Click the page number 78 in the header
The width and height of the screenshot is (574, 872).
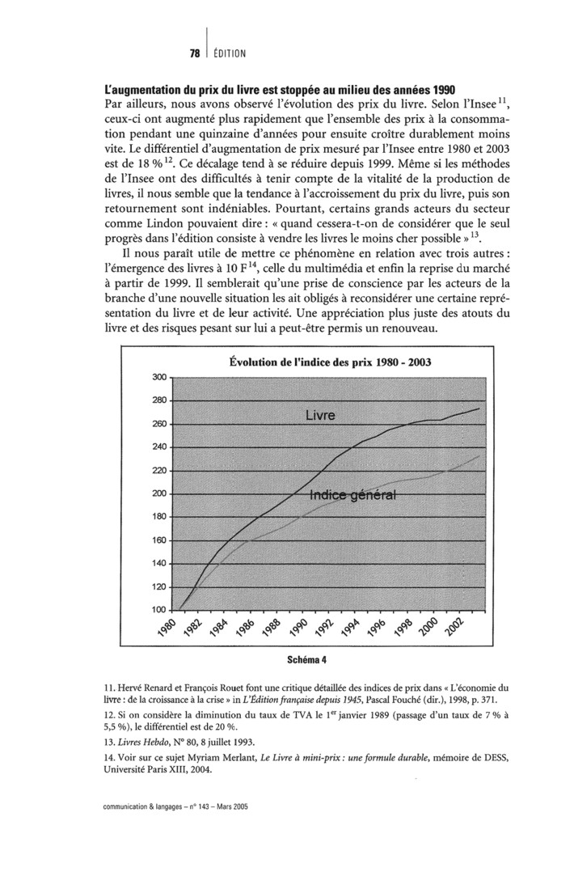(194, 53)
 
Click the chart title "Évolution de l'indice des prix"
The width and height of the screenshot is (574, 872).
(329, 362)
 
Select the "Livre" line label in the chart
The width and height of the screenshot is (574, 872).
(320, 415)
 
